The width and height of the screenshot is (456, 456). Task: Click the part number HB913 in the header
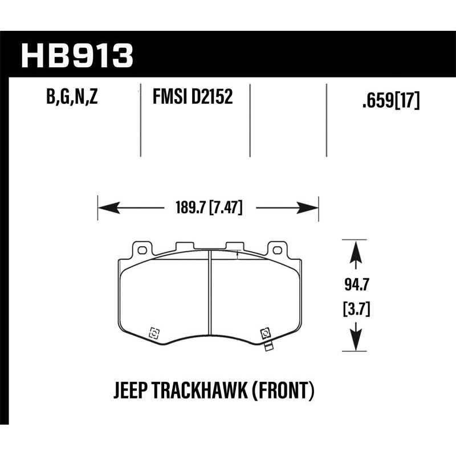point(77,55)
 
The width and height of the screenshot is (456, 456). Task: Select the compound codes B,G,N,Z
point(72,98)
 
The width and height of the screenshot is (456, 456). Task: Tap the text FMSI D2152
point(192,98)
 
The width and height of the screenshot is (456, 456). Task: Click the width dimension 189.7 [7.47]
point(207,209)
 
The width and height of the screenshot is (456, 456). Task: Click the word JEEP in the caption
point(131,391)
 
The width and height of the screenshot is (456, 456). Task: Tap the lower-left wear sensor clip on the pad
point(153,333)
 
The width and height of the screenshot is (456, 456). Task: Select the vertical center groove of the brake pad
point(210,296)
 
